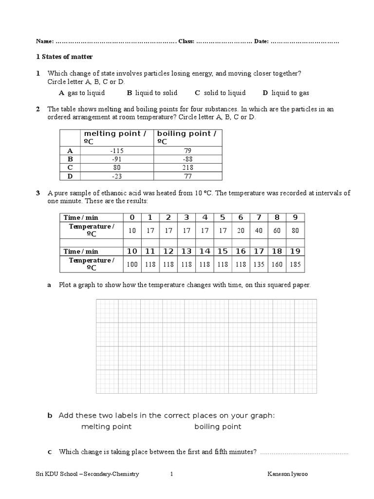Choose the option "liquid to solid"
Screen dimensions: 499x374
tap(156, 93)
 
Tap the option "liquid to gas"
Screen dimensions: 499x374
tap(290, 93)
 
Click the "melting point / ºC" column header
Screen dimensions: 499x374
tap(115, 137)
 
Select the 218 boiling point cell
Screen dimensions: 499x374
tap(187, 168)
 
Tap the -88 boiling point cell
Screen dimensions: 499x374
tap(187, 159)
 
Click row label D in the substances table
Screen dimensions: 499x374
tap(70, 176)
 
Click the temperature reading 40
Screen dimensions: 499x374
tap(259, 230)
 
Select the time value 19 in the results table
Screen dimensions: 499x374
tap(295, 251)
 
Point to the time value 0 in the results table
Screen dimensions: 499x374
tap(132, 217)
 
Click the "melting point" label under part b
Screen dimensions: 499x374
tap(106, 427)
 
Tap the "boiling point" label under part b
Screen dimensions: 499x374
tap(218, 427)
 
